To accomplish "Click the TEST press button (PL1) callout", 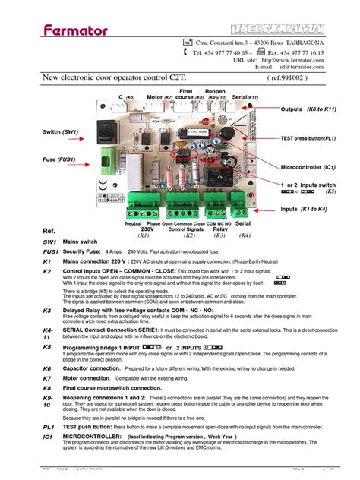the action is click(314, 139).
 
